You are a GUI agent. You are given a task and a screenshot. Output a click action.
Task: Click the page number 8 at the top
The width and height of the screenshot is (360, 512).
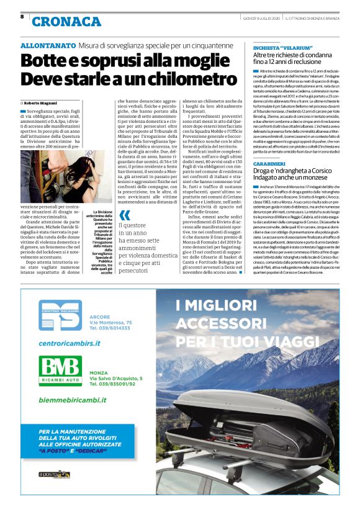22,17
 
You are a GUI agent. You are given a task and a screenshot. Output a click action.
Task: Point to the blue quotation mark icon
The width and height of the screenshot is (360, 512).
124,217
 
